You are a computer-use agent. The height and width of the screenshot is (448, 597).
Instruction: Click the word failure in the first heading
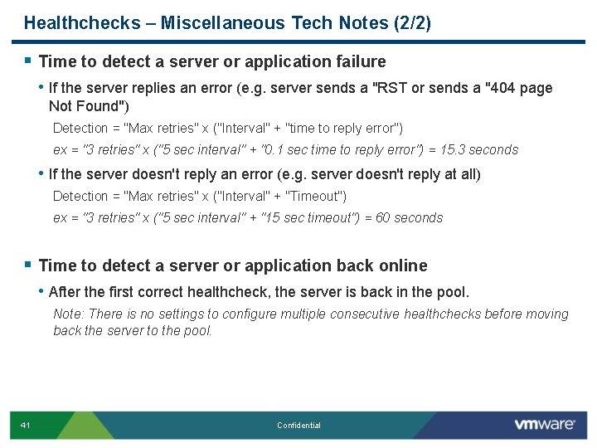pyautogui.click(x=361, y=61)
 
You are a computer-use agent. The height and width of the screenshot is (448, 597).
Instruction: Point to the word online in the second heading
pyautogui.click(x=402, y=265)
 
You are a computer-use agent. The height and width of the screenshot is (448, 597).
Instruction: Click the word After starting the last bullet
pyautogui.click(x=65, y=292)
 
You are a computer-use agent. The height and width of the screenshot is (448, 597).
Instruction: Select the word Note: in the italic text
pyautogui.click(x=68, y=314)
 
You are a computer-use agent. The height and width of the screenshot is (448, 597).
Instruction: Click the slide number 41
pyautogui.click(x=26, y=426)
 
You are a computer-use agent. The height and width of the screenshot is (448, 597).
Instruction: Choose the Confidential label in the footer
pyautogui.click(x=298, y=426)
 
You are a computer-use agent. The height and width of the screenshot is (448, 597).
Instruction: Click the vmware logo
pyautogui.click(x=544, y=425)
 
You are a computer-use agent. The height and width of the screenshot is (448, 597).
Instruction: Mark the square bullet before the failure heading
pyautogui.click(x=28, y=61)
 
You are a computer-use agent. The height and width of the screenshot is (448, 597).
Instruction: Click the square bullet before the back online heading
pyautogui.click(x=28, y=265)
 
